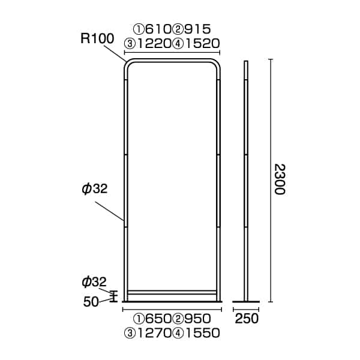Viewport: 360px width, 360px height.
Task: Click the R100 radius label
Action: pyautogui.click(x=97, y=38)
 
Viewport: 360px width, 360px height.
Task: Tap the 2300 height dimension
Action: pyautogui.click(x=280, y=179)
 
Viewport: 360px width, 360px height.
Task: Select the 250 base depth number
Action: pyautogui.click(x=247, y=319)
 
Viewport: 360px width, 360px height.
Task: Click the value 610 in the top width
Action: pyautogui.click(x=158, y=29)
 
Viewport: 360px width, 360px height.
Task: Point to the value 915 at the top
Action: pyautogui.click(x=197, y=29)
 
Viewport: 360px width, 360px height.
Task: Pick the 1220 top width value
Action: pyautogui.click(x=154, y=43)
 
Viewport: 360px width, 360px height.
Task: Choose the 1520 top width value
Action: pyautogui.click(x=203, y=43)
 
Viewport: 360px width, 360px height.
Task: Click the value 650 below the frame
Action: pyautogui.click(x=158, y=319)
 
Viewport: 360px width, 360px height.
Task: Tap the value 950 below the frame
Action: pyautogui.click(x=197, y=319)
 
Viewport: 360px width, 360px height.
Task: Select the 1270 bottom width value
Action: pyautogui.click(x=154, y=333)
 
